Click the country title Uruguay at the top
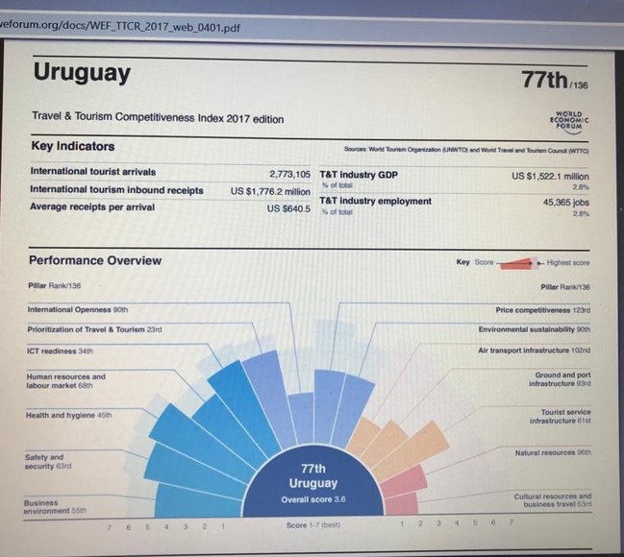tap(82, 73)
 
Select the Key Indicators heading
tap(72, 146)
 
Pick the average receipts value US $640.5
tap(288, 207)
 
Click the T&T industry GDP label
tap(359, 174)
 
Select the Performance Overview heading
tap(95, 260)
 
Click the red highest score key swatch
tap(514, 262)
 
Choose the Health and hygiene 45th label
tap(68, 415)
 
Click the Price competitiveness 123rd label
tap(543, 310)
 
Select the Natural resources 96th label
tap(553, 452)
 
